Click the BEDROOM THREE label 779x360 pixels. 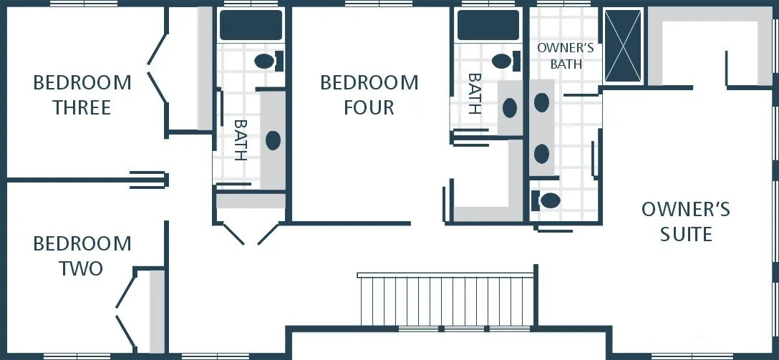[x=82, y=95]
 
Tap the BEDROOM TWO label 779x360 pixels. [x=82, y=256]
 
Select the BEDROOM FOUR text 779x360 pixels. [x=369, y=95]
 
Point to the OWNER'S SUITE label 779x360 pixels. [x=686, y=221]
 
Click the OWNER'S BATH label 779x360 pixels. [x=566, y=56]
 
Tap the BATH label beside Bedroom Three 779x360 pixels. [x=241, y=140]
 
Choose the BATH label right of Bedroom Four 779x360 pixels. [x=475, y=94]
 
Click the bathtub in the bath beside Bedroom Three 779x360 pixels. [x=251, y=25]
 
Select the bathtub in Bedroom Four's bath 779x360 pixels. [x=488, y=25]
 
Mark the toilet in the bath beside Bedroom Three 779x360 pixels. [x=268, y=62]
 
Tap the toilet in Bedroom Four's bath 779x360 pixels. [x=505, y=62]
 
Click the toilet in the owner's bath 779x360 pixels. [x=546, y=200]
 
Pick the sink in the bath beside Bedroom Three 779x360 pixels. [x=273, y=140]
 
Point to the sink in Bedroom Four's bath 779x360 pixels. [x=510, y=108]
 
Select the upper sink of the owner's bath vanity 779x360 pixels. [x=541, y=102]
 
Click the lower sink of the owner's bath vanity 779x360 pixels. [x=541, y=154]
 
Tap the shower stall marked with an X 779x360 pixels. [x=623, y=46]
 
